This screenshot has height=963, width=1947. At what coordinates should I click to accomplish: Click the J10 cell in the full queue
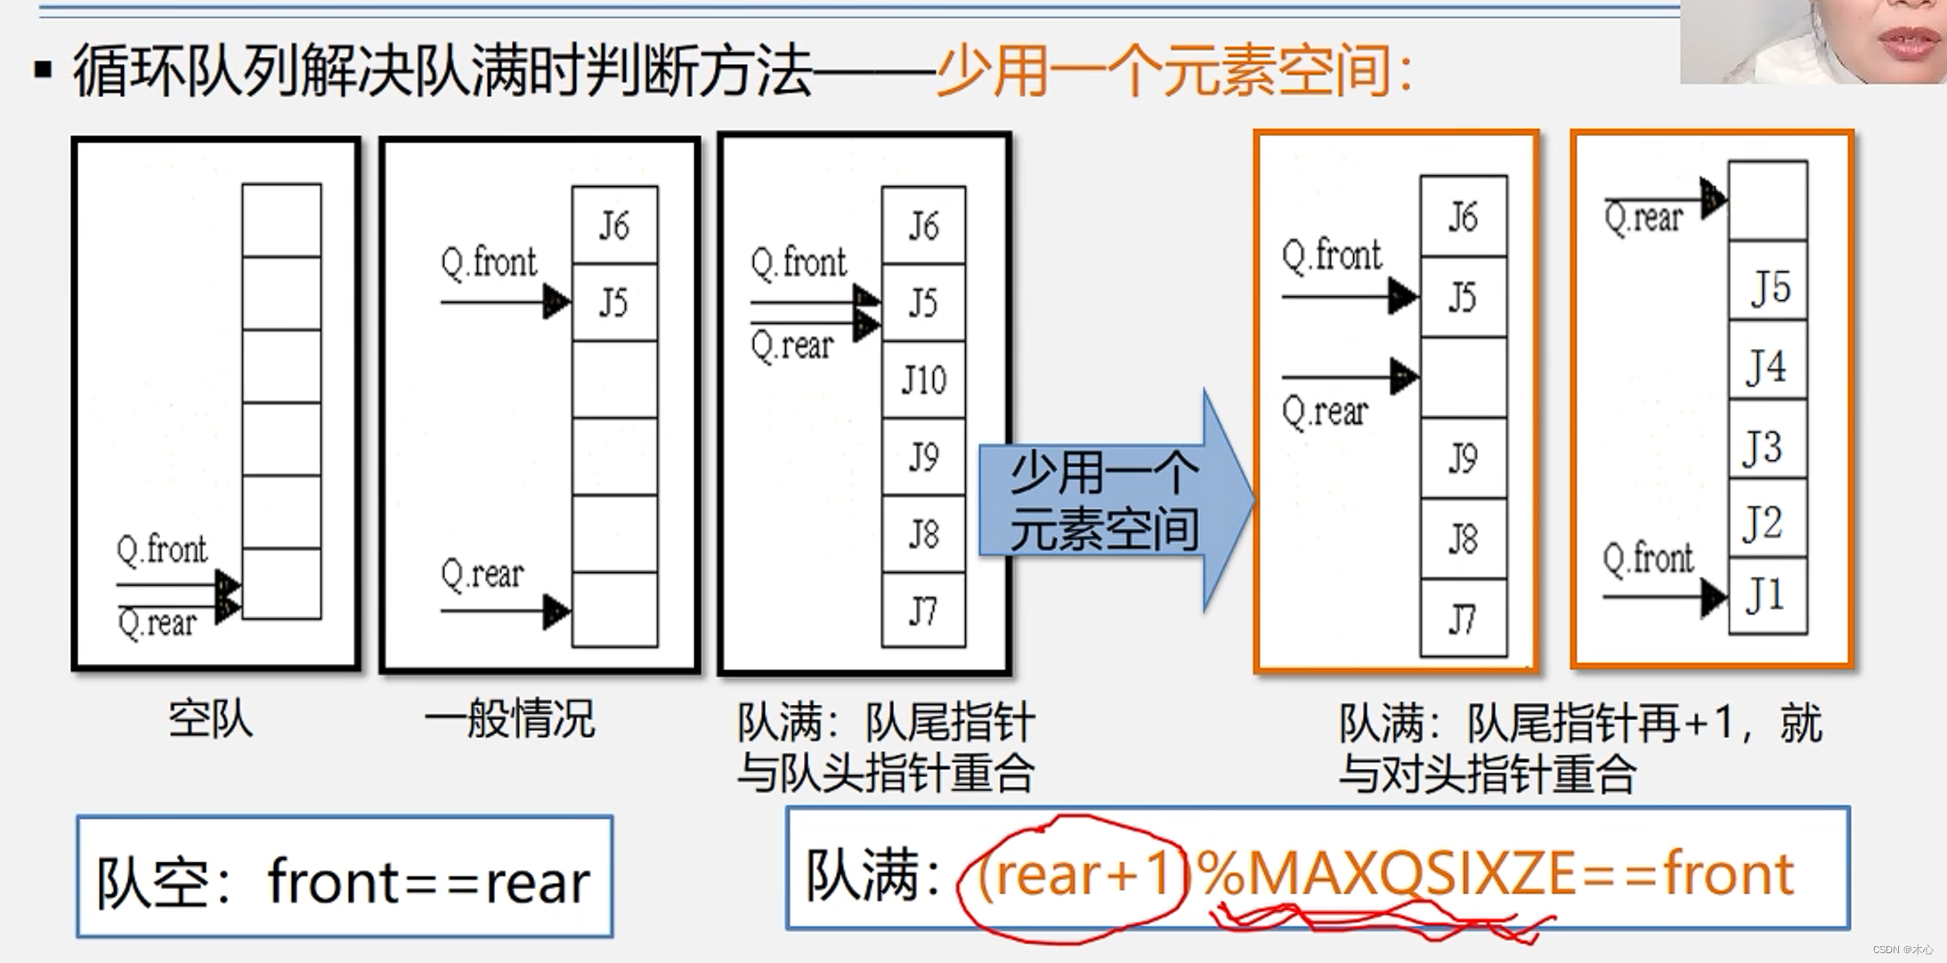click(x=923, y=380)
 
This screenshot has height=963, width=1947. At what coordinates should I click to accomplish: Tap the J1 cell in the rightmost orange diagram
click(x=1767, y=595)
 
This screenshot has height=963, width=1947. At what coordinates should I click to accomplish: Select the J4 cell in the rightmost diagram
click(x=1767, y=366)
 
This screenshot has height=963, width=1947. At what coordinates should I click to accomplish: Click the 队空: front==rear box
click(x=345, y=878)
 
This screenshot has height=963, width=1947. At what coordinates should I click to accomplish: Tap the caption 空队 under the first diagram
click(x=210, y=719)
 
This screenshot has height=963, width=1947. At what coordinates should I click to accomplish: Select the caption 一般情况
click(x=508, y=719)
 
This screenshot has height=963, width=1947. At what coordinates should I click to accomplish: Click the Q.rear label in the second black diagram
click(x=482, y=574)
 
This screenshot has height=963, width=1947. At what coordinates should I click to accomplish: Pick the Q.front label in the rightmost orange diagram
click(x=1648, y=559)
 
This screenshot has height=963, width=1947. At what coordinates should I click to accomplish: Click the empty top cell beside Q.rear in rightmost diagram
click(x=1767, y=201)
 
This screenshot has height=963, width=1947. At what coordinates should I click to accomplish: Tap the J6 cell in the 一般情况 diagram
click(x=614, y=225)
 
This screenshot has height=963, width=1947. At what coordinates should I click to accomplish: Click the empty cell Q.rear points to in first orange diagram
click(x=1463, y=377)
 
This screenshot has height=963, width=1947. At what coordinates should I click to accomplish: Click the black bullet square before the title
click(x=43, y=69)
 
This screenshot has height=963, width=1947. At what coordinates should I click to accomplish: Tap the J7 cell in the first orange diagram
click(x=1463, y=619)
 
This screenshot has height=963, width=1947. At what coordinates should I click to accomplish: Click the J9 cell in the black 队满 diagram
click(x=923, y=457)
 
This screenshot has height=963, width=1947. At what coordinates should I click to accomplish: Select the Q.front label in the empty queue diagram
click(x=161, y=549)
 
